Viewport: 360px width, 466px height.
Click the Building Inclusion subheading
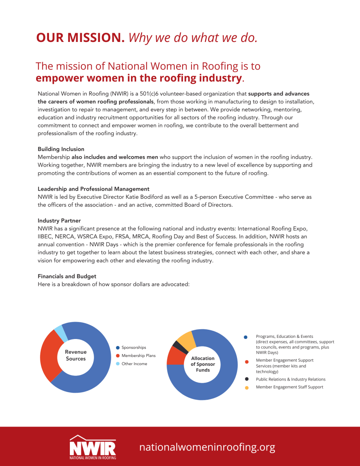pos(61,149)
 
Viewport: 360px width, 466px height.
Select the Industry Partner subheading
pos(59,221)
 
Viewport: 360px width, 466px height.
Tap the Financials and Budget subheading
pos(67,276)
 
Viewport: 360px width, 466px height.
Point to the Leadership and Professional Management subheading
pos(94,189)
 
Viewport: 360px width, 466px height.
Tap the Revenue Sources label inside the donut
pos(76,355)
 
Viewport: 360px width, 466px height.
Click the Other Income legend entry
pos(134,364)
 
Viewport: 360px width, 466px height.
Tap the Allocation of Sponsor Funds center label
pos(203,364)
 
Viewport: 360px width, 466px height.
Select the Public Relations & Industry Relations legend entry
pos(290,379)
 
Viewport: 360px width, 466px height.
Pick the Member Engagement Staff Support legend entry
pos(289,387)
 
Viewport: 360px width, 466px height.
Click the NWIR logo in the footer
pos(93,447)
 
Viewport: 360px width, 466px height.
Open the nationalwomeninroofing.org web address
pos(207,447)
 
